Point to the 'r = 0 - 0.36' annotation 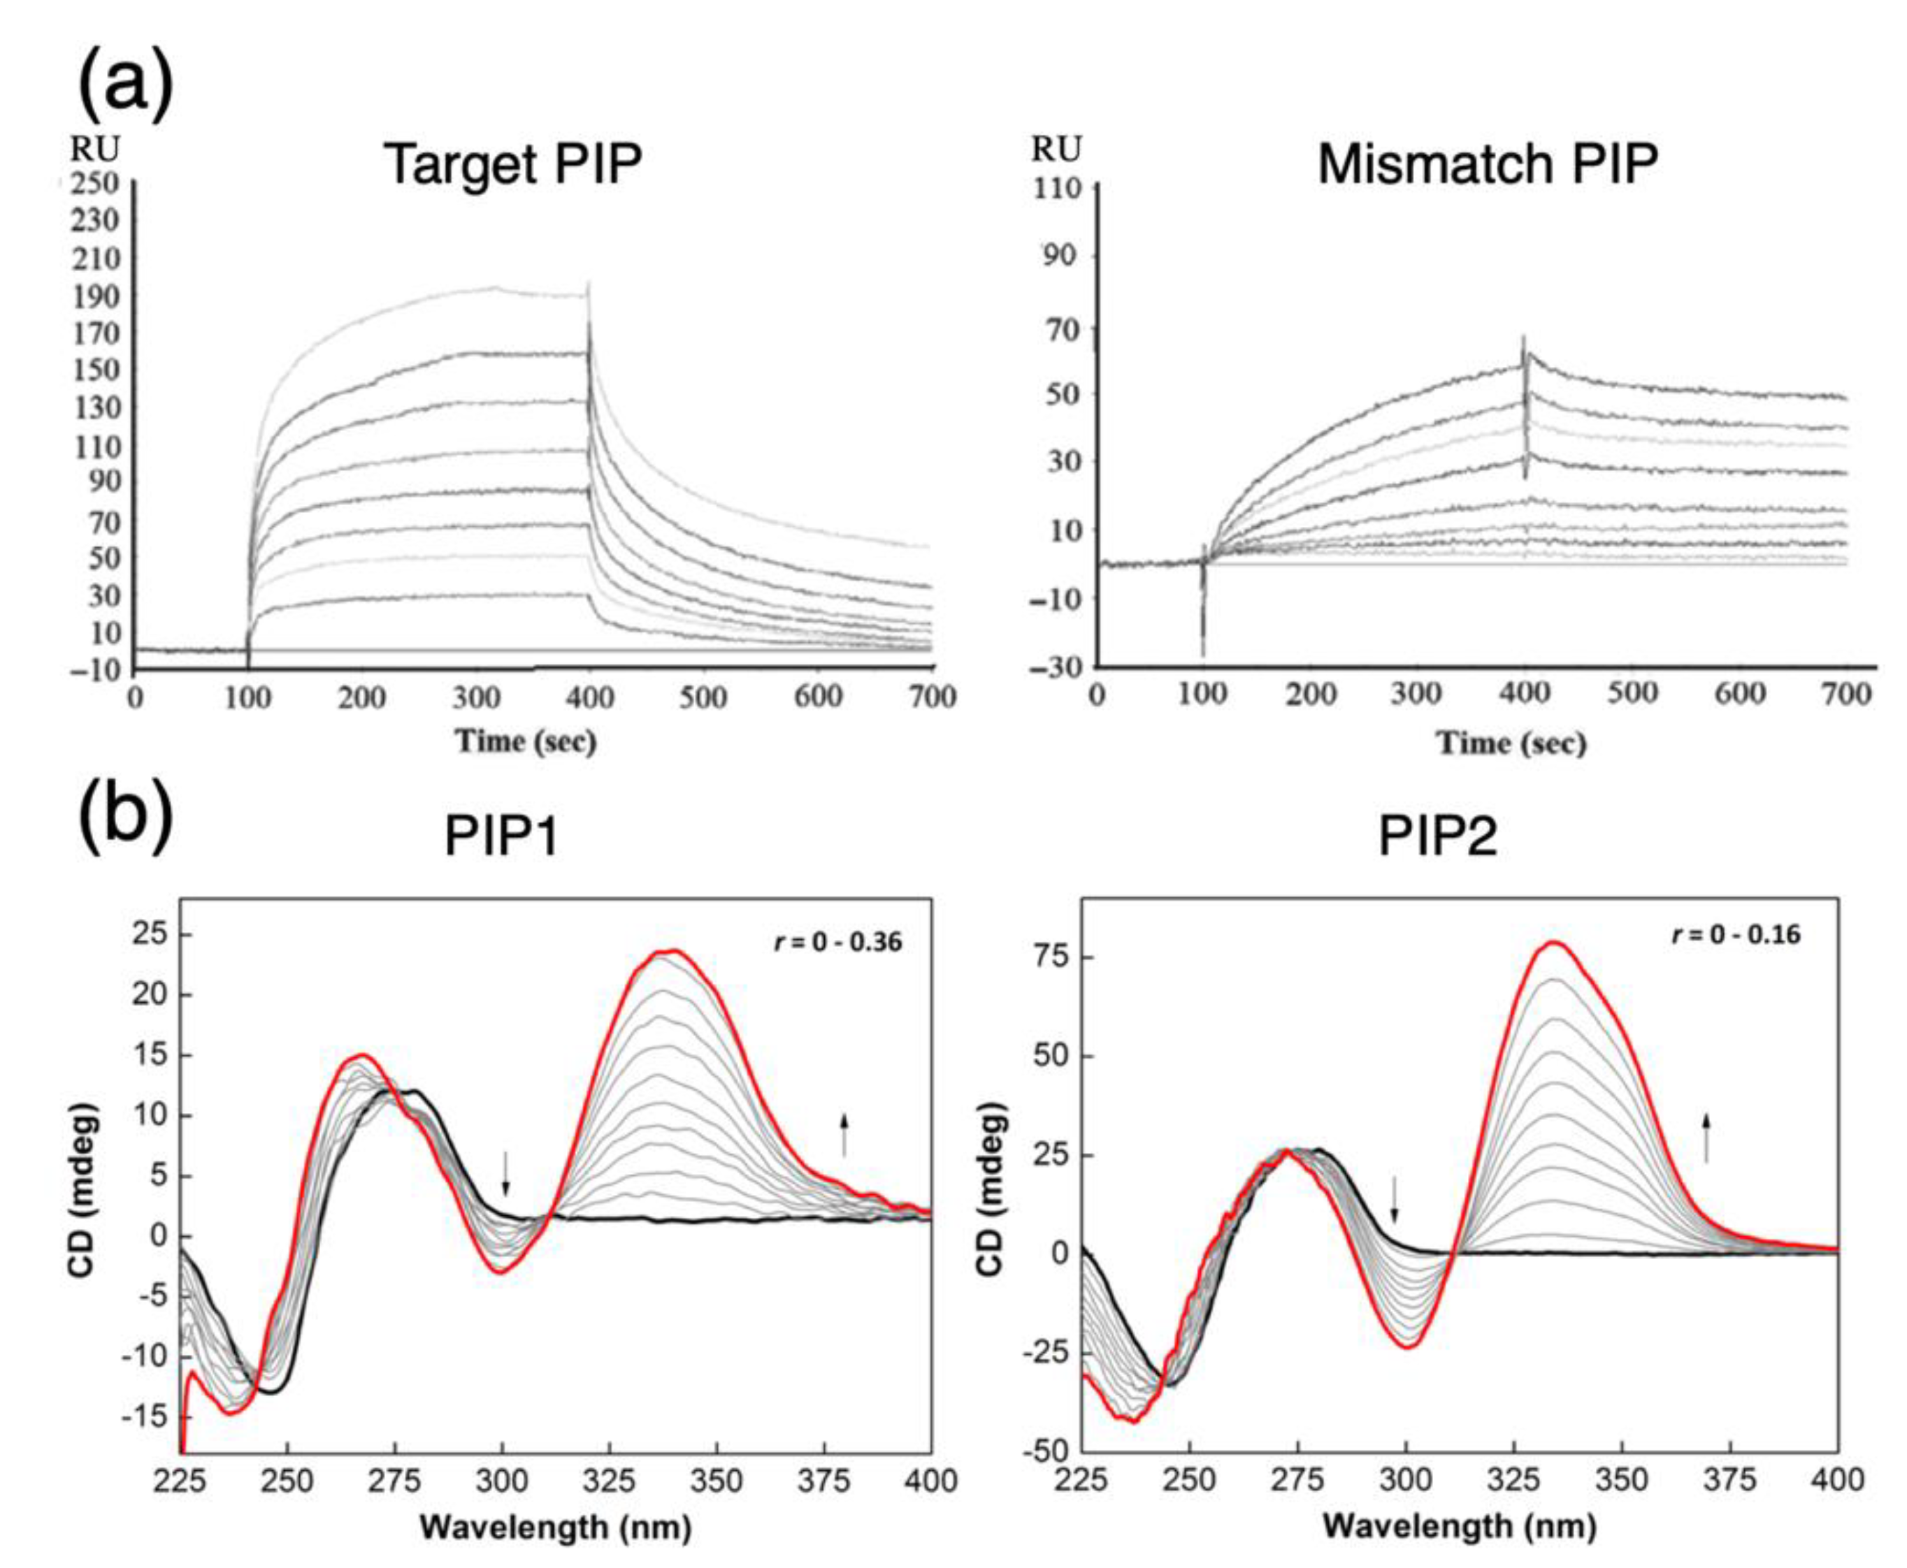[x=838, y=942]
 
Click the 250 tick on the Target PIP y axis [x=96, y=183]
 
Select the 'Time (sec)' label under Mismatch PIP [x=1511, y=743]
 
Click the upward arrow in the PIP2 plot [x=1706, y=1136]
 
